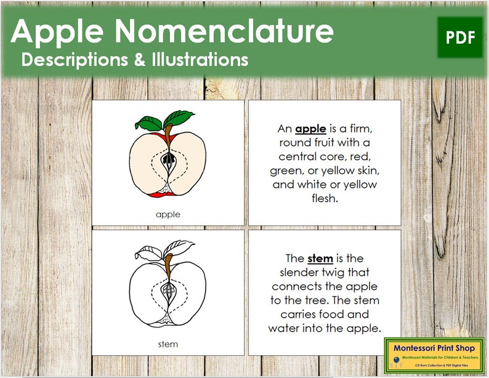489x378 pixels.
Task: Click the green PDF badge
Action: pos(460,38)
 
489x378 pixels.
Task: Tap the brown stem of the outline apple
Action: pos(168,262)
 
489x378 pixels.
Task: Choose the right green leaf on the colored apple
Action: pos(180,116)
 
